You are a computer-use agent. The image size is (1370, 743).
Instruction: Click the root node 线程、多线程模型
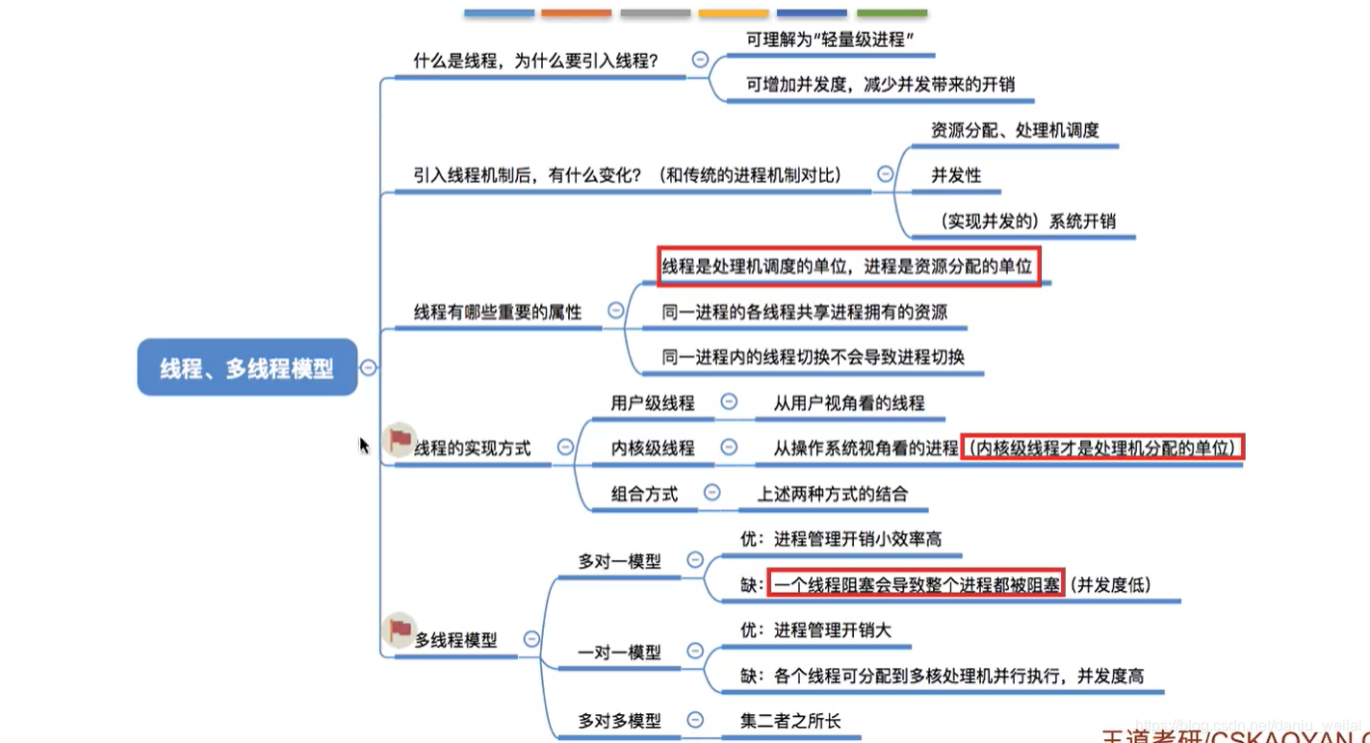click(247, 367)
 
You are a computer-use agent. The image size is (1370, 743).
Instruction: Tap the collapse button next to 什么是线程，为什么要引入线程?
click(700, 60)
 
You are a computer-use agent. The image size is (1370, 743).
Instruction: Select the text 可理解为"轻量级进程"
click(829, 39)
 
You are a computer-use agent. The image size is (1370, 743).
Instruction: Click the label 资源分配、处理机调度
click(1015, 129)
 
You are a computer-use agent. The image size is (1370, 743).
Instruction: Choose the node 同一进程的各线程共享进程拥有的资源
click(804, 312)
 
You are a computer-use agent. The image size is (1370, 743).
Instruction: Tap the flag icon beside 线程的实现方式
click(399, 440)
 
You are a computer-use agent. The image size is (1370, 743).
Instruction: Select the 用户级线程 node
click(652, 403)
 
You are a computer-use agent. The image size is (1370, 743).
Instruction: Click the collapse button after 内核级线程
click(729, 447)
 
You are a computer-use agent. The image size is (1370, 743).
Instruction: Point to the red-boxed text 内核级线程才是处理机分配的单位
click(1102, 447)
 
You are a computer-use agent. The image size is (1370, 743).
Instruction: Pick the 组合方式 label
click(644, 494)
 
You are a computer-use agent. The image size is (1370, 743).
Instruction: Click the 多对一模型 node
click(619, 560)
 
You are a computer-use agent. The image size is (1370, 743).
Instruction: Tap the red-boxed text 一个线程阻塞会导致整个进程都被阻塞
click(916, 584)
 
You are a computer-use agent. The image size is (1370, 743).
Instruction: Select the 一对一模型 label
click(619, 652)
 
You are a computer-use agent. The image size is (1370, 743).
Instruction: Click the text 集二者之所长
click(789, 719)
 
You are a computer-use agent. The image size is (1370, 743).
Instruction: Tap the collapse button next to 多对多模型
click(695, 719)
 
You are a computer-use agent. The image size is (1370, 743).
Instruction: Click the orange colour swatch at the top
click(576, 13)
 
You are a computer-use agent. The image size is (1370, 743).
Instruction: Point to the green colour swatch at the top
click(892, 13)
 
